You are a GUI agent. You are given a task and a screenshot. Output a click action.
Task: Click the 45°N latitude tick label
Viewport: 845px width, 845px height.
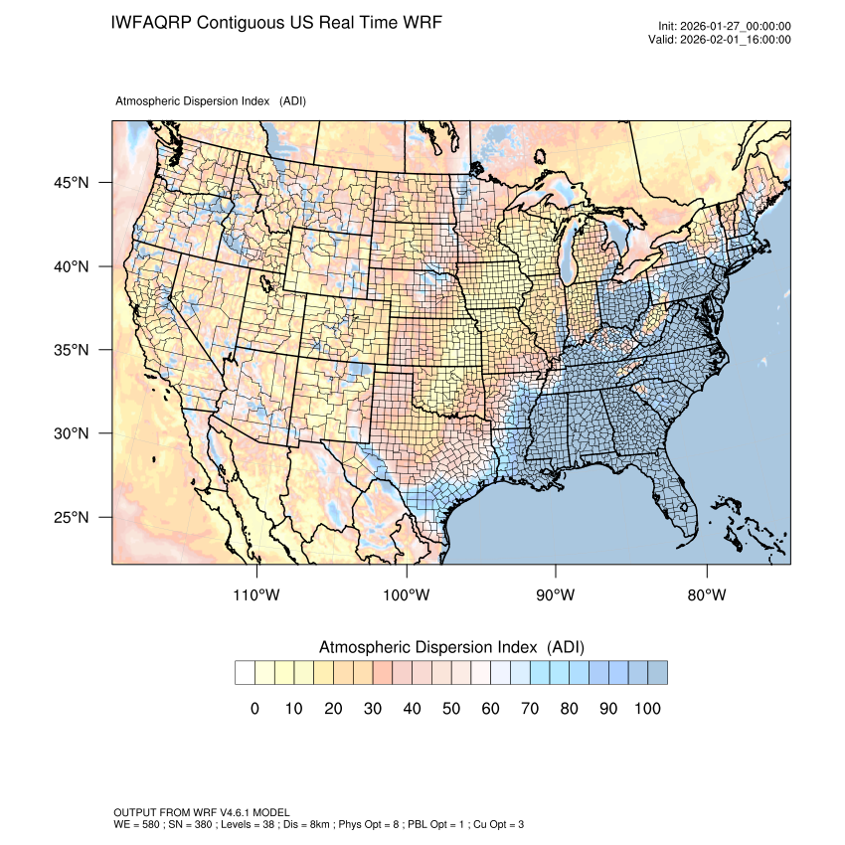point(72,183)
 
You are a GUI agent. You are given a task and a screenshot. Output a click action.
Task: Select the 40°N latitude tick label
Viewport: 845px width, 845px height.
point(72,266)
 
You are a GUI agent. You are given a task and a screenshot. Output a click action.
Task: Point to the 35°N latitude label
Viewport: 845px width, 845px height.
point(72,350)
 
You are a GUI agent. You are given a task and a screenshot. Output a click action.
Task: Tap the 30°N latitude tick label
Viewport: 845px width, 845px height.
point(72,433)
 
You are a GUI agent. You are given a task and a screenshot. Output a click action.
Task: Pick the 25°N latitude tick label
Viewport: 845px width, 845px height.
point(72,517)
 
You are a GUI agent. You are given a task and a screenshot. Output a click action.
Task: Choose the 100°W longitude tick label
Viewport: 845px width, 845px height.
point(407,595)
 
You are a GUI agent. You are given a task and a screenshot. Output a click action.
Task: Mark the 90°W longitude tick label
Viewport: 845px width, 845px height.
point(556,595)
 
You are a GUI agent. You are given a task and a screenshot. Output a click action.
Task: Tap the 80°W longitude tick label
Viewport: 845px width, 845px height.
point(706,595)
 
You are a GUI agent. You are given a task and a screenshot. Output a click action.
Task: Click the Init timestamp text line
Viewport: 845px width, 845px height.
point(725,26)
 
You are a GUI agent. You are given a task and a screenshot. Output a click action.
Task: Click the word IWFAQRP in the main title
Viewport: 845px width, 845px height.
point(151,22)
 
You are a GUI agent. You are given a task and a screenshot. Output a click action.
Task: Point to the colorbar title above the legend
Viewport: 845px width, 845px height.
point(451,647)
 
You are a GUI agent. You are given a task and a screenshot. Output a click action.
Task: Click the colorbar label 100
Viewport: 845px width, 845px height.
point(647,708)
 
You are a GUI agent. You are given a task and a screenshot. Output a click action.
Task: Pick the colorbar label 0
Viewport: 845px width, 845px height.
point(254,708)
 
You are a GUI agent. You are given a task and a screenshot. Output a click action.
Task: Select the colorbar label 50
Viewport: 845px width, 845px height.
point(451,708)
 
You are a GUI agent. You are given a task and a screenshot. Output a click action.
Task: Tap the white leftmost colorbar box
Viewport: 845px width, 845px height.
point(245,673)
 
